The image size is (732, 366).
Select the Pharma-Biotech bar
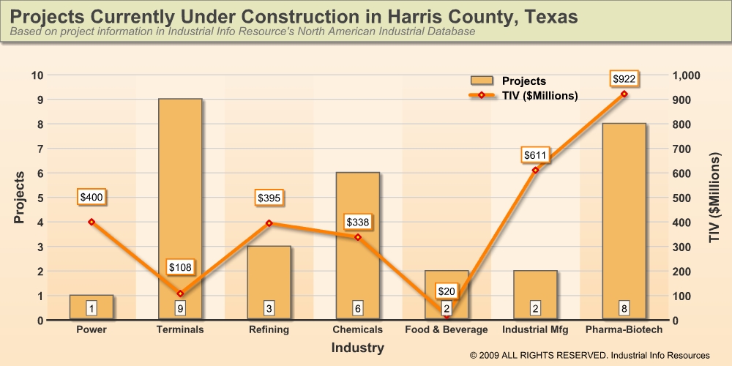[624, 220]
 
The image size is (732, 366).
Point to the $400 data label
[91, 196]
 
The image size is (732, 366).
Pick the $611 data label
[535, 155]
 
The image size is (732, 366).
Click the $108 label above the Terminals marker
[180, 267]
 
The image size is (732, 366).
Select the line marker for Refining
[269, 223]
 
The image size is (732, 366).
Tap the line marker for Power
[91, 222]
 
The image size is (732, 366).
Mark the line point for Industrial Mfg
[535, 171]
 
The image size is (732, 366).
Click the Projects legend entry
[509, 81]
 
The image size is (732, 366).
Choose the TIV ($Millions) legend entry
[523, 96]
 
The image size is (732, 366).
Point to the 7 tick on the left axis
[39, 149]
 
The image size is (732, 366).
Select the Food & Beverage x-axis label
[447, 330]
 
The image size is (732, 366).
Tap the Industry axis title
[357, 348]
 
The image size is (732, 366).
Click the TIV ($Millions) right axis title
[715, 198]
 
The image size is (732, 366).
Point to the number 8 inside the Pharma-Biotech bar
[624, 307]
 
